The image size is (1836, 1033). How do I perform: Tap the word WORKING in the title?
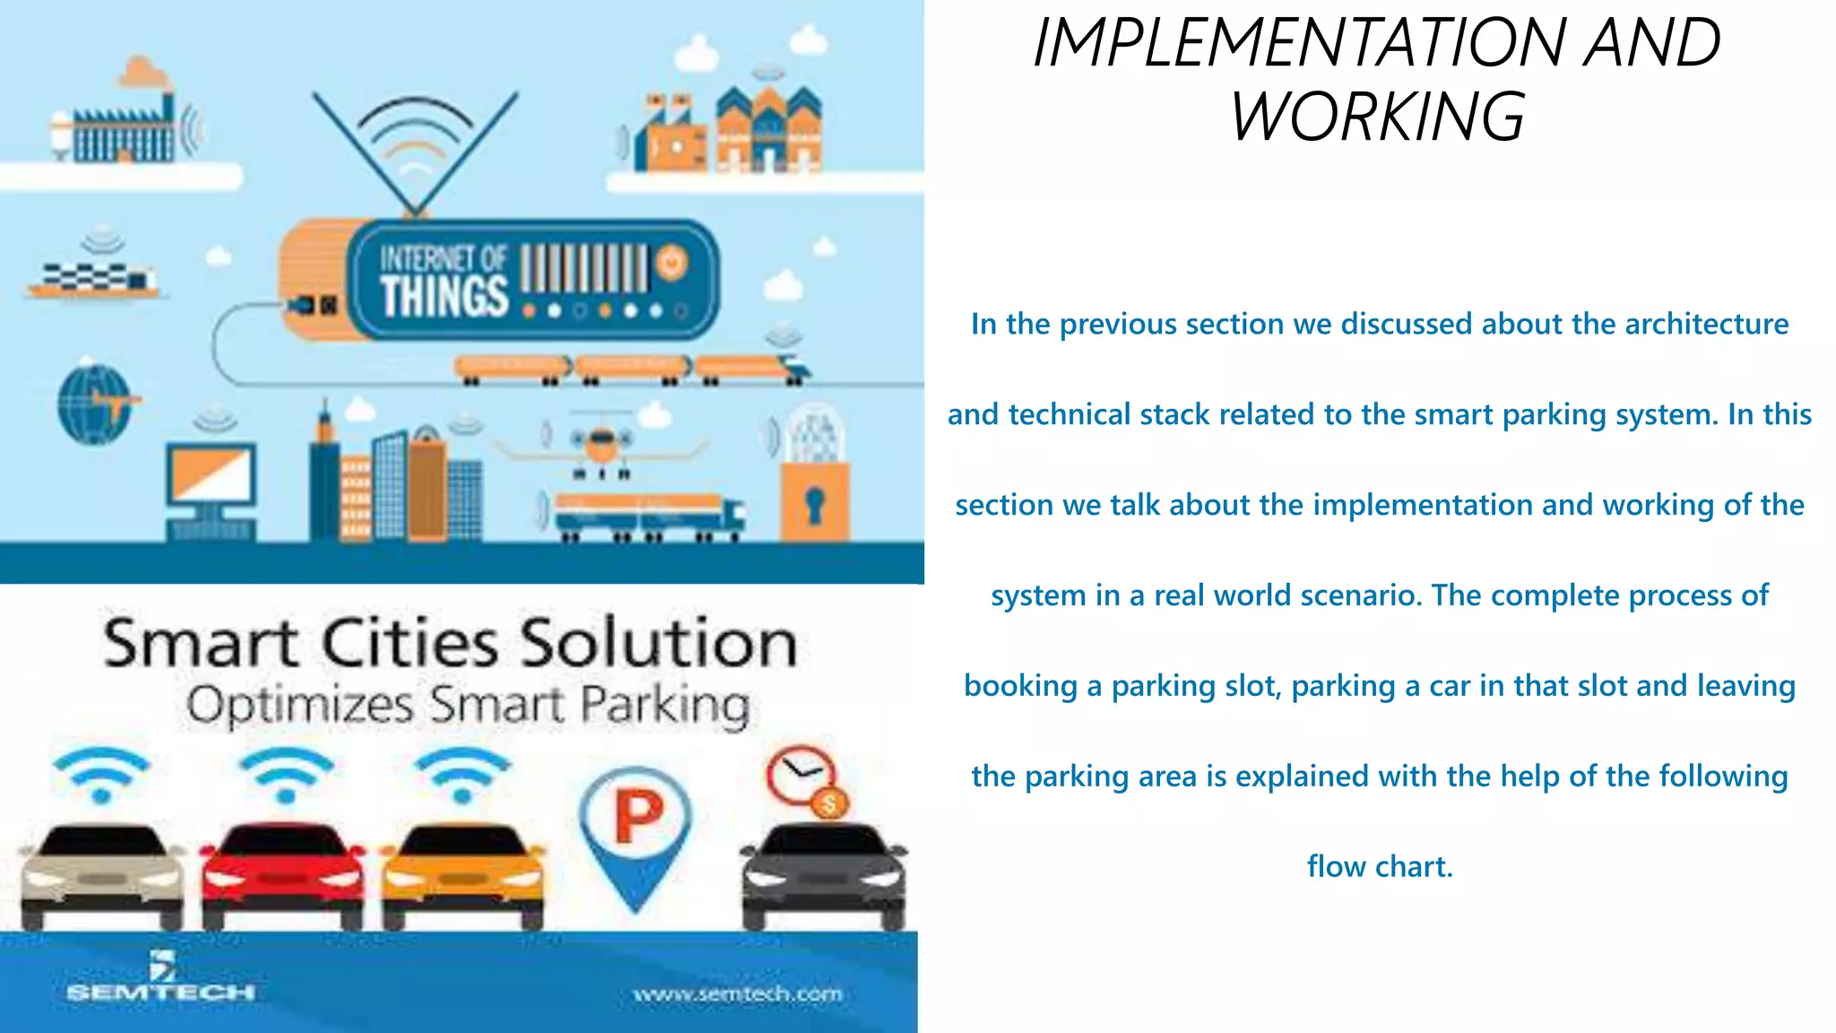(x=1378, y=117)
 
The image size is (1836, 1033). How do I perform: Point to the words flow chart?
(x=1379, y=866)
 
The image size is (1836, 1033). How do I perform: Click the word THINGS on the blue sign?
(x=444, y=296)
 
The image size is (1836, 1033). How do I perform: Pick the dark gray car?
(x=823, y=876)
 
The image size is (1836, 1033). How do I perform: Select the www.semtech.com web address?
(x=738, y=994)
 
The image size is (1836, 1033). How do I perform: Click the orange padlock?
(x=814, y=502)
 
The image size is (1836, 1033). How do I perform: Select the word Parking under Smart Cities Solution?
(x=664, y=706)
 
